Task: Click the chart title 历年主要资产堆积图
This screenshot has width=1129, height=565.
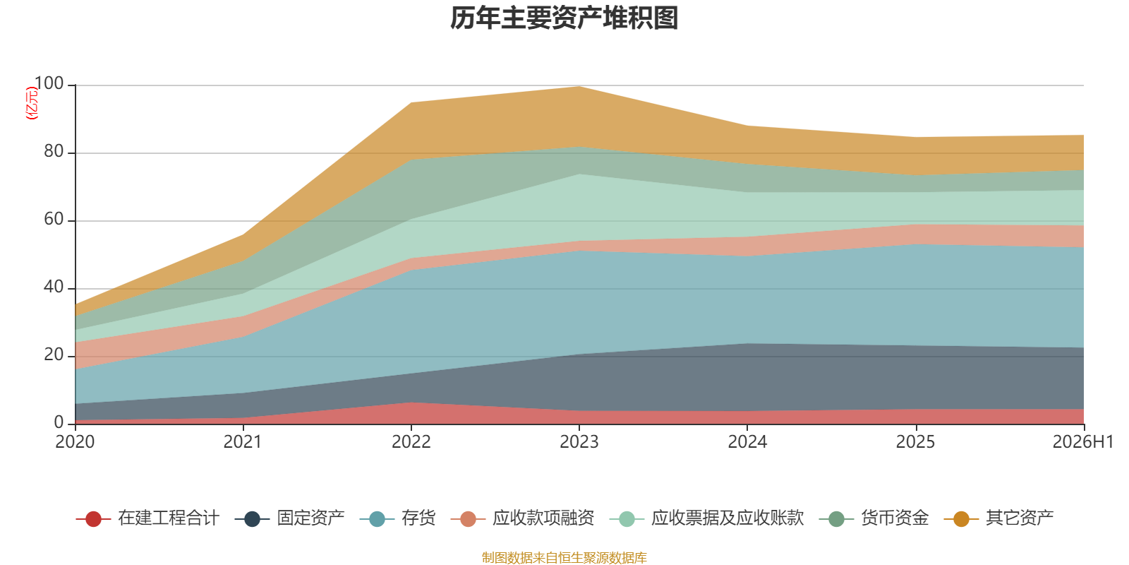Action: point(564,18)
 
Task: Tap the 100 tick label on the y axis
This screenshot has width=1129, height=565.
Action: point(49,83)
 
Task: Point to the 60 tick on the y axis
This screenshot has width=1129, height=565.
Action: point(54,219)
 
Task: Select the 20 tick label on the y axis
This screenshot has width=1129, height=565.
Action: point(54,355)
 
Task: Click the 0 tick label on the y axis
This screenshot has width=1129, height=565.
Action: point(59,422)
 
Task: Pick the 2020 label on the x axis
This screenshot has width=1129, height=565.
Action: point(75,442)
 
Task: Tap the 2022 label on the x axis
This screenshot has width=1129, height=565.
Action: point(411,442)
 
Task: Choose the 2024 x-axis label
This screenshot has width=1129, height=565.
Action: point(747,442)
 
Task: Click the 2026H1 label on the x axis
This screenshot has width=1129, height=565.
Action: point(1082,442)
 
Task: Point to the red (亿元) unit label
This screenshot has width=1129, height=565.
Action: point(32,103)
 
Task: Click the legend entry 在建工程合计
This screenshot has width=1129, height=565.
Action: point(147,518)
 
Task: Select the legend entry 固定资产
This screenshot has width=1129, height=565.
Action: point(290,518)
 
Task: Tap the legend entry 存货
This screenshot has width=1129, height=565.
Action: point(398,518)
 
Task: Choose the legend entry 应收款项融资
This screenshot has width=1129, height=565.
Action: point(523,518)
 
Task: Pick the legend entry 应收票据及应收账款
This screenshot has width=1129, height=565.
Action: point(706,518)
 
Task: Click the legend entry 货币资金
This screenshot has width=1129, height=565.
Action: point(874,518)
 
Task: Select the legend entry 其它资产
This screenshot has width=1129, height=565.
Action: point(998,518)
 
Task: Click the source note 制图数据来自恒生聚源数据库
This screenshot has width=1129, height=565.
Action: point(564,557)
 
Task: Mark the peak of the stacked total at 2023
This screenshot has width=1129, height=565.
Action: point(579,87)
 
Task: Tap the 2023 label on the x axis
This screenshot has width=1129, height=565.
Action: point(579,442)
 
